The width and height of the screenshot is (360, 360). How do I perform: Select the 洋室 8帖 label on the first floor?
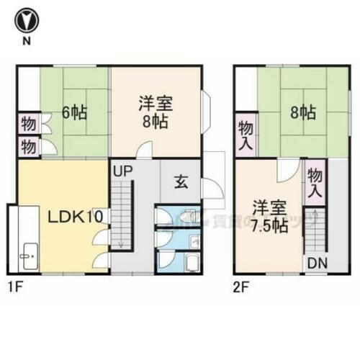[x=153, y=113]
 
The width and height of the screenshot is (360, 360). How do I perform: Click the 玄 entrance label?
[x=180, y=181]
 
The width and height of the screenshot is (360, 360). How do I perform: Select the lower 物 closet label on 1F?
[x=28, y=146]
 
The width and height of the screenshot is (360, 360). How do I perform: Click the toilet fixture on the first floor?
[x=188, y=215]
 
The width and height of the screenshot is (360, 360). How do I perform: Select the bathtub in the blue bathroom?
[x=192, y=262]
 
